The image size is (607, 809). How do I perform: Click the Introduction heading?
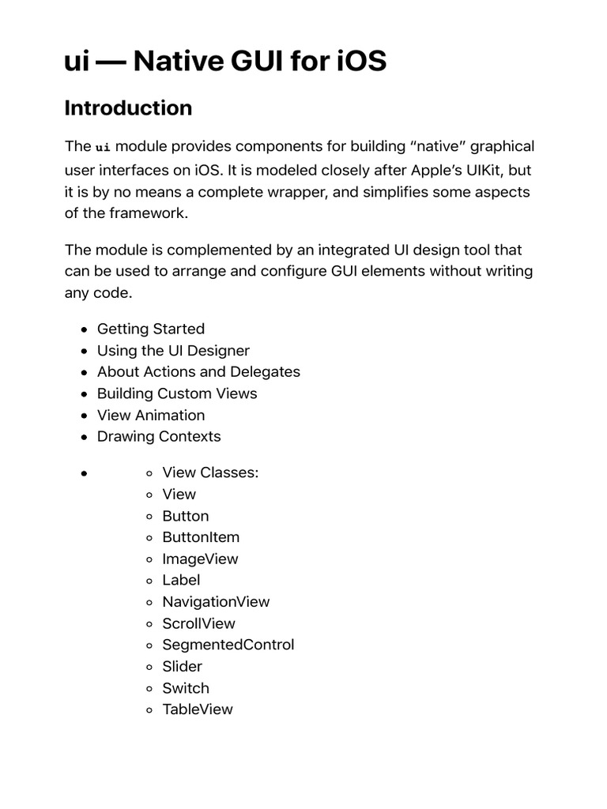[x=128, y=108]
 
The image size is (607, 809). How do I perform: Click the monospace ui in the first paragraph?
[x=103, y=148]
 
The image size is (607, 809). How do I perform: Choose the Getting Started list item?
[x=150, y=329]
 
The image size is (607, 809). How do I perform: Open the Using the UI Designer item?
[x=173, y=350]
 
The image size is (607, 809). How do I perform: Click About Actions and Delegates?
[x=198, y=371]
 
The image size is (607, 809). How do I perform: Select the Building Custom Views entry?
[x=177, y=393]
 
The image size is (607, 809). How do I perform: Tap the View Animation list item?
[x=150, y=415]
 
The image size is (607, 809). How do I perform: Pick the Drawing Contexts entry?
[x=159, y=436]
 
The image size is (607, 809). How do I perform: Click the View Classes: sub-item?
[x=210, y=472]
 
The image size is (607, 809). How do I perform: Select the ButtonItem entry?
[x=201, y=537]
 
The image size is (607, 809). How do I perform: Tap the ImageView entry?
[x=200, y=559]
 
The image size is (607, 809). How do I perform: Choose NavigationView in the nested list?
[x=216, y=601]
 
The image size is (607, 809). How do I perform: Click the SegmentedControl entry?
[x=228, y=645]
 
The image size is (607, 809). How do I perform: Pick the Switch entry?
[x=186, y=687]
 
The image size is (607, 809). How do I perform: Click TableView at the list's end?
[x=198, y=709]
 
